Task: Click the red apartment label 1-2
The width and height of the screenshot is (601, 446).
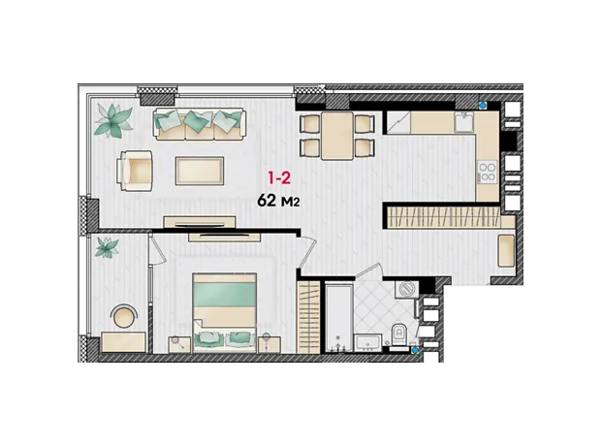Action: (279, 178)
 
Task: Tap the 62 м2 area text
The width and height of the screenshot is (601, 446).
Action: (278, 200)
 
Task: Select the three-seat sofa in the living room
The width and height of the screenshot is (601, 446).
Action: (200, 123)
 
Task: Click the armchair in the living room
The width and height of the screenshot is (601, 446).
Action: (135, 171)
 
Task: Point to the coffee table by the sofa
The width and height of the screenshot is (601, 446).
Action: (200, 171)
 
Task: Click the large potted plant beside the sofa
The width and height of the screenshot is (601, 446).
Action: (113, 120)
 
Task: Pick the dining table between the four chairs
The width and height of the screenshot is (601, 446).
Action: (337, 136)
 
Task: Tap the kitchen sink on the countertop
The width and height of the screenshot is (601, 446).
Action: (464, 121)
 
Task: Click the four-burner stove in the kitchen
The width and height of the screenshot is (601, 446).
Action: (488, 172)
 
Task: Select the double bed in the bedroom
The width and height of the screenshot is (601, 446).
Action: (225, 312)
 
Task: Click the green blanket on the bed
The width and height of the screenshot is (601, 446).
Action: (225, 295)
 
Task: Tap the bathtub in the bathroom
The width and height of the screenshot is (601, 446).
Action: (339, 317)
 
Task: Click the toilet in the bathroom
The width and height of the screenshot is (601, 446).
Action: (398, 334)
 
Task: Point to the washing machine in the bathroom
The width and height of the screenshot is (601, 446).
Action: (406, 289)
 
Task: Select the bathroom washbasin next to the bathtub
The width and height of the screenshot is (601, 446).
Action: (367, 342)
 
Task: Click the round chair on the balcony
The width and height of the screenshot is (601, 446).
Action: (124, 316)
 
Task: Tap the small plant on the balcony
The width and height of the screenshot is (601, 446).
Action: (107, 247)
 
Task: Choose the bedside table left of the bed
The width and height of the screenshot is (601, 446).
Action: (179, 344)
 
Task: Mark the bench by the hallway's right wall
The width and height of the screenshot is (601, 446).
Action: (506, 250)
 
